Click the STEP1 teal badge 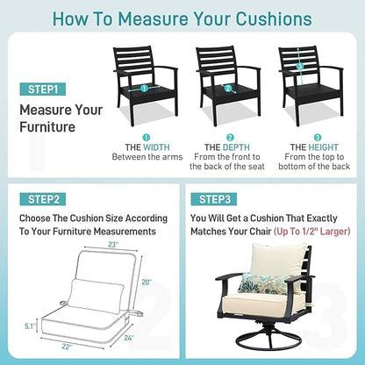(x=43, y=89)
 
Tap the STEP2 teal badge (x=43, y=199)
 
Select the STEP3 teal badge (x=214, y=199)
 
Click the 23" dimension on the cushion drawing (x=113, y=245)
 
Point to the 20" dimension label (x=147, y=283)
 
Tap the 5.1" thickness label (x=30, y=326)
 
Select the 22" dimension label (x=67, y=347)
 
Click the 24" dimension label (x=129, y=338)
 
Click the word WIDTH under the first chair (x=156, y=147)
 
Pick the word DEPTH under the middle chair (x=236, y=147)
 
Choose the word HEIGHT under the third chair (x=323, y=147)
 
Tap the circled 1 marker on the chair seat (x=144, y=89)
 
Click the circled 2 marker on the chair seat (x=228, y=89)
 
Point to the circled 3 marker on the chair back (x=299, y=67)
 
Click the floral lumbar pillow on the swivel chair (x=262, y=283)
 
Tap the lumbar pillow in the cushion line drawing (x=96, y=297)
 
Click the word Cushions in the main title (x=274, y=18)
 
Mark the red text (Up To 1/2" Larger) (x=312, y=232)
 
